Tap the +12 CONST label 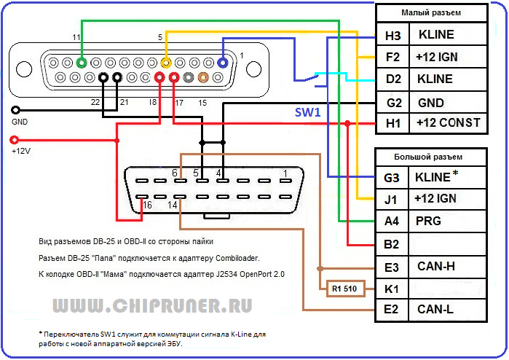(449, 123)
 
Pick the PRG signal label (427, 221)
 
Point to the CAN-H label (435, 266)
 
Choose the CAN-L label (435, 310)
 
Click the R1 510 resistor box (344, 289)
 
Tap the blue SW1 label (307, 112)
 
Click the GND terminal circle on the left (15, 110)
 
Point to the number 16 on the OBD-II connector (149, 206)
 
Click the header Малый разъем (430, 13)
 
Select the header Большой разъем (430, 156)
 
